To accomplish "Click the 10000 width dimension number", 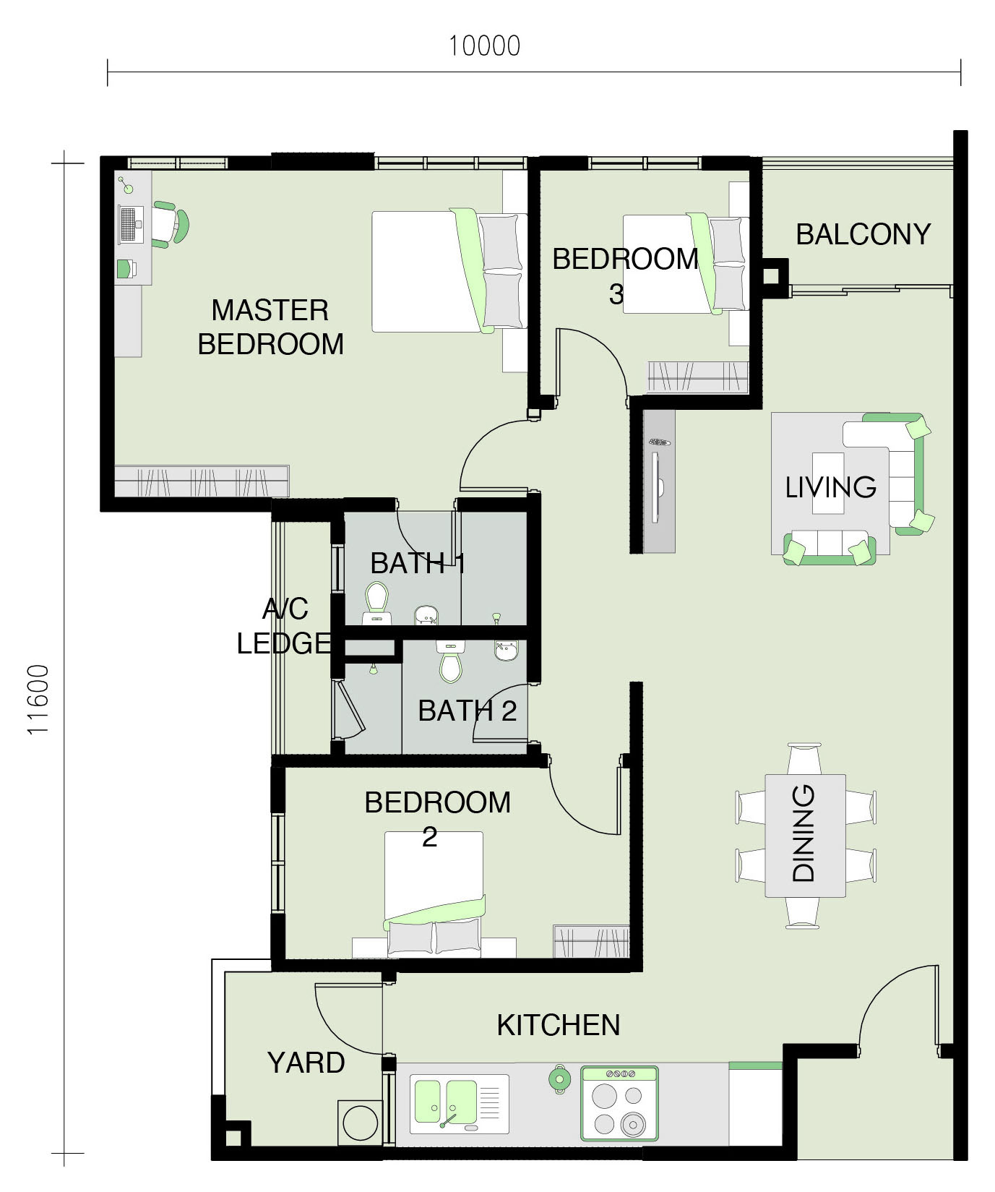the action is (484, 46).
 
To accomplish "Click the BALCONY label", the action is (863, 234).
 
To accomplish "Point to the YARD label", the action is (306, 1063).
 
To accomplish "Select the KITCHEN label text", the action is (559, 1025).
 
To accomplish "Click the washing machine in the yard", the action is (360, 1123).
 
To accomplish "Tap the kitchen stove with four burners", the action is (619, 1103).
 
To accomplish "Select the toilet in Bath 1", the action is (376, 603).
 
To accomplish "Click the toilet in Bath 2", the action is (450, 662).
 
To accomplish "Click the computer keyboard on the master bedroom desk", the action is (128, 225).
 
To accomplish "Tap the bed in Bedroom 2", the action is (434, 894).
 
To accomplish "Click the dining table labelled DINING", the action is (805, 836).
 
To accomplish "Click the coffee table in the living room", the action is (828, 483).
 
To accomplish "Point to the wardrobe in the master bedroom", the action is (202, 481).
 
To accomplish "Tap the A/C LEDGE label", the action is (284, 626).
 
